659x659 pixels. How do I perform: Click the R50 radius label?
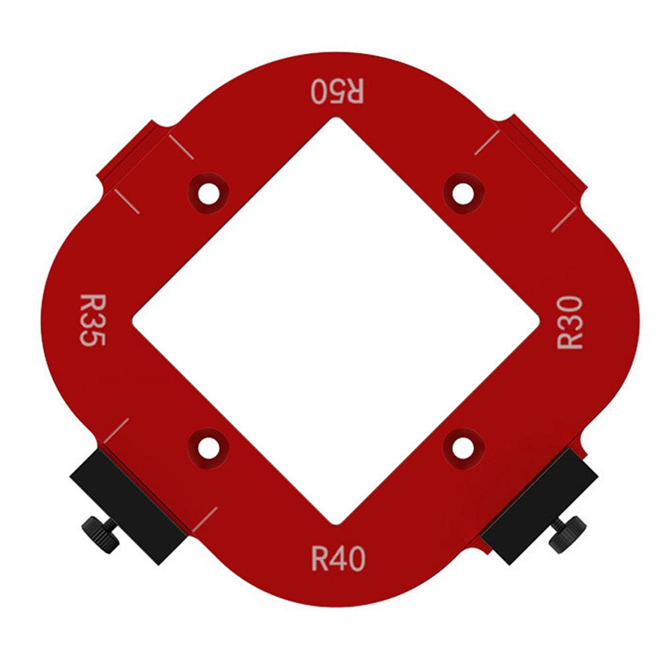tap(337, 91)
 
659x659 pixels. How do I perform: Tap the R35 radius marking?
tap(92, 320)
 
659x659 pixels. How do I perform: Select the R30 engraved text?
tap(569, 322)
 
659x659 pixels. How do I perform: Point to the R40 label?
tap(337, 560)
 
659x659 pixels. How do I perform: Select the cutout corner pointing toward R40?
tap(337, 524)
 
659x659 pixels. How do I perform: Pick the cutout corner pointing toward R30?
tap(539, 321)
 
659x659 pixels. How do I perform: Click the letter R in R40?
tap(319, 560)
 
